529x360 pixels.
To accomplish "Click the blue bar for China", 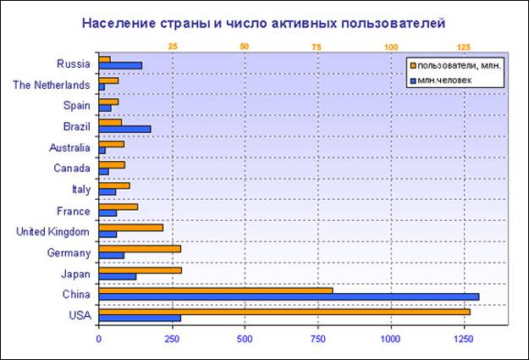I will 289,296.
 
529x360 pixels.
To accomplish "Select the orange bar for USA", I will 284,311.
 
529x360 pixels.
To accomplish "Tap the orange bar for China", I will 216,290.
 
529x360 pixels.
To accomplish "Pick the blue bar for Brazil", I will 124,129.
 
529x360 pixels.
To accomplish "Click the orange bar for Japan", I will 141,269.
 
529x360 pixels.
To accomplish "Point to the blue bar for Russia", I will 120,65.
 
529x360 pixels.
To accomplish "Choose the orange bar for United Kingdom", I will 131,227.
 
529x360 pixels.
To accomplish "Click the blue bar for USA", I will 140,318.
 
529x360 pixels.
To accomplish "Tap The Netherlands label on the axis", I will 52,84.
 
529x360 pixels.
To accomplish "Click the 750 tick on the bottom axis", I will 317,340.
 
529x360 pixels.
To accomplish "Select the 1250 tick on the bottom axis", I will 463,340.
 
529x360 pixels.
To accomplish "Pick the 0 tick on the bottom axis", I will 99,340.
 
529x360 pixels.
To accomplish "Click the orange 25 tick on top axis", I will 173,46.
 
